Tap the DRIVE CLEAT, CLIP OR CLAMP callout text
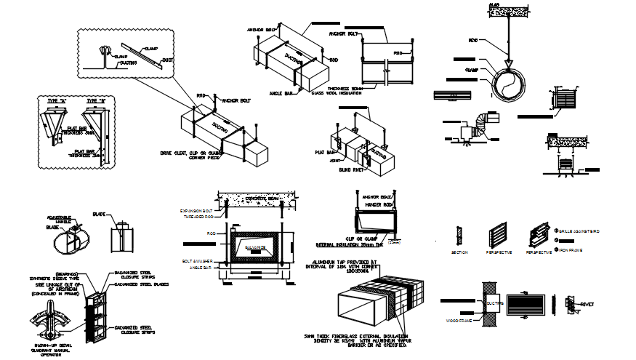click(x=190, y=154)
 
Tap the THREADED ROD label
click(x=200, y=217)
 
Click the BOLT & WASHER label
click(x=198, y=260)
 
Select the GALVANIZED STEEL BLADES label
click(x=142, y=284)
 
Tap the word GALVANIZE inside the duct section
click(x=254, y=248)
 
